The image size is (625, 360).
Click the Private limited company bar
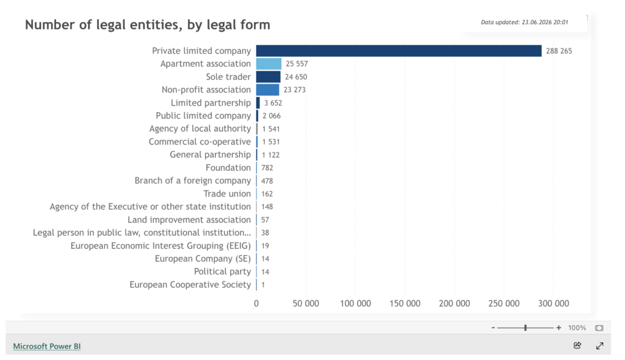coord(399,51)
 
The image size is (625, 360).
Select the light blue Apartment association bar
coord(269,64)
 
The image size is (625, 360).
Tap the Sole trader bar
coord(269,76)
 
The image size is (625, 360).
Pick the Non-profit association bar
coord(267,90)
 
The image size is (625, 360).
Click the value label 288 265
coord(559,51)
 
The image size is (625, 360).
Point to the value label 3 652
coord(273,103)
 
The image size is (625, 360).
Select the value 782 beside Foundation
coord(267,168)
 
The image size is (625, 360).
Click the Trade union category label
coord(227,194)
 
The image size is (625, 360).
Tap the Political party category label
coord(222,272)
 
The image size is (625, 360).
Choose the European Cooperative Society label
coord(190,285)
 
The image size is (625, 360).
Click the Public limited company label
coord(203,115)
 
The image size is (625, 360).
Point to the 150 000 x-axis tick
coord(405,303)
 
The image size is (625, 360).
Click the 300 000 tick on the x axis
coord(554,303)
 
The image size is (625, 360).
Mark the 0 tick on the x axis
coord(256,303)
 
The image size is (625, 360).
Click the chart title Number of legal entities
coord(148,25)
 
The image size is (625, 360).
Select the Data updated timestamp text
coord(524,23)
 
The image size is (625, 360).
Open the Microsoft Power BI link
coord(46,346)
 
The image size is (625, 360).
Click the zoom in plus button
coord(559,328)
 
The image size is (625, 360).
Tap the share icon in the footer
coord(577,345)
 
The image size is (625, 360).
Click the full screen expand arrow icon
coord(599,345)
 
